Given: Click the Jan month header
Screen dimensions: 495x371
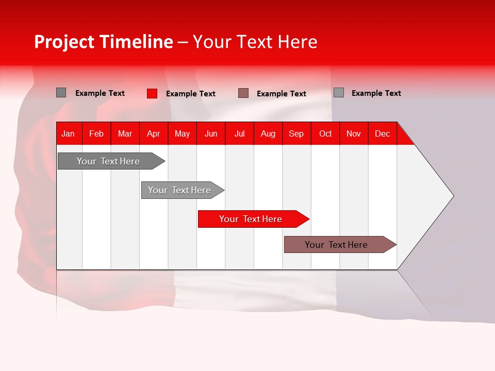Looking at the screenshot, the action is click(x=68, y=134).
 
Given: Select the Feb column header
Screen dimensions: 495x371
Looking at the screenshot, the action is click(x=96, y=134).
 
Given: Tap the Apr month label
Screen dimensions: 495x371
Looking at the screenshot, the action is click(x=154, y=134).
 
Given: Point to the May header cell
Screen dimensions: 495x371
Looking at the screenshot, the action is click(x=182, y=134).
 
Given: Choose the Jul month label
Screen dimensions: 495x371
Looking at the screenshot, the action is click(x=240, y=134).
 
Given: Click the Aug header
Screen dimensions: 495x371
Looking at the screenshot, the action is click(x=268, y=134).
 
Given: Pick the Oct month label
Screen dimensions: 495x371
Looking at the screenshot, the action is click(x=325, y=134).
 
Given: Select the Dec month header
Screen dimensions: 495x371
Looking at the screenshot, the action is click(x=382, y=134).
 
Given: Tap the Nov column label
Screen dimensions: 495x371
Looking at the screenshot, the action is click(x=354, y=134).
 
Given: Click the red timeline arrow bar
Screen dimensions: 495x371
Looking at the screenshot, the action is click(x=254, y=219).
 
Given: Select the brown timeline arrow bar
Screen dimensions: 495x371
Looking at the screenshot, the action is click(x=340, y=244).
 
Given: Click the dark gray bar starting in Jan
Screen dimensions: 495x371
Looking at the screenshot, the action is click(x=111, y=161).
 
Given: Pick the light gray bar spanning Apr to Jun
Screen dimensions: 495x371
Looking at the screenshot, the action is click(x=183, y=190).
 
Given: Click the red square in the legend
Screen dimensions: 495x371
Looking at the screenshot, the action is click(x=152, y=94).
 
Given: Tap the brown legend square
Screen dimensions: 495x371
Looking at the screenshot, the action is click(x=243, y=93).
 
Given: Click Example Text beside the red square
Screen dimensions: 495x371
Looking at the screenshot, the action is click(x=191, y=94).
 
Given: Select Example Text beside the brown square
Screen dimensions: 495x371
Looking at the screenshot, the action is click(x=282, y=94).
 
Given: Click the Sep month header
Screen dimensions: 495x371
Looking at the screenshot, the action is click(x=296, y=134).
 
